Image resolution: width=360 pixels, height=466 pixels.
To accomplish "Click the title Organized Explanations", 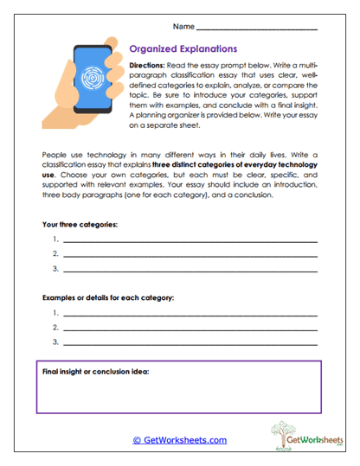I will [182, 49].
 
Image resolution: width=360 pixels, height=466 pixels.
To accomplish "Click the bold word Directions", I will [150, 66].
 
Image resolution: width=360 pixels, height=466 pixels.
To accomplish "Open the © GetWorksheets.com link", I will [179, 440].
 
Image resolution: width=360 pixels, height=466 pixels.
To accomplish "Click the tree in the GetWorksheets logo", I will [281, 433].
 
